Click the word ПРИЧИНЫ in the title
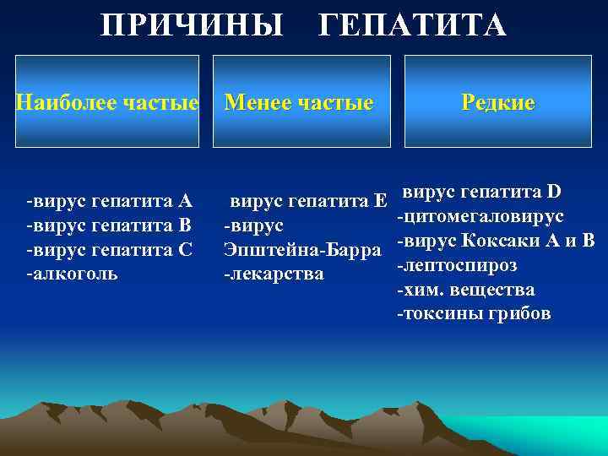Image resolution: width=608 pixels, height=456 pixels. click(192, 25)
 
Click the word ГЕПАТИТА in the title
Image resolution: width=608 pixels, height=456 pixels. click(412, 25)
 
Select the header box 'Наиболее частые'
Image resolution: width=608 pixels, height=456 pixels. click(108, 102)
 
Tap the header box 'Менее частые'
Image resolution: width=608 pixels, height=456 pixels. click(301, 102)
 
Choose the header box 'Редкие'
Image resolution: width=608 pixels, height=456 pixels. click(497, 102)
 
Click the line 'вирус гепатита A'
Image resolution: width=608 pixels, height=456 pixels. click(110, 201)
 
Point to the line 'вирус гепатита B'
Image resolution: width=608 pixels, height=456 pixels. click(110, 225)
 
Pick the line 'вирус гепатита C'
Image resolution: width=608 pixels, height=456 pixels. click(110, 250)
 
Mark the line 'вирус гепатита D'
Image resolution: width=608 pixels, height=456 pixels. click(481, 193)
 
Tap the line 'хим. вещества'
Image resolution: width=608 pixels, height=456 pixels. click(465, 290)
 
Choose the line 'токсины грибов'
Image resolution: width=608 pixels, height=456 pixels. click(474, 314)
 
